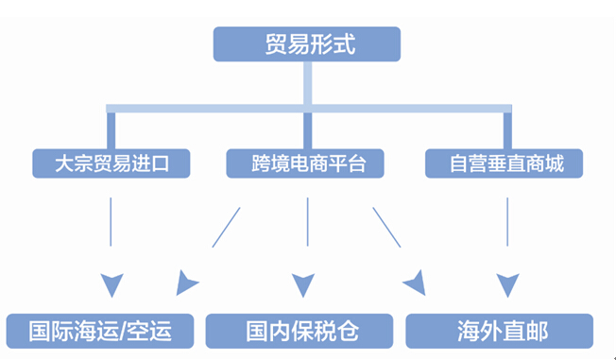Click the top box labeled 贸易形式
click(x=307, y=43)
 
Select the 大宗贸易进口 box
click(x=111, y=163)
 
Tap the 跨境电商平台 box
click(x=308, y=163)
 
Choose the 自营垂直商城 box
click(x=507, y=163)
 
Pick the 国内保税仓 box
click(x=299, y=331)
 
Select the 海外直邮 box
click(x=500, y=331)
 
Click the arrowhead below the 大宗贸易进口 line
click(x=111, y=283)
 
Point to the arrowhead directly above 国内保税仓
click(x=303, y=283)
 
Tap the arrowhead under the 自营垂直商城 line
click(x=508, y=283)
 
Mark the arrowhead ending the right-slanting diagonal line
click(x=415, y=282)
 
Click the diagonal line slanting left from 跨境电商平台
click(x=226, y=228)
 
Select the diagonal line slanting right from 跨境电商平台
click(x=386, y=228)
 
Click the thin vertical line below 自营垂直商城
click(x=508, y=222)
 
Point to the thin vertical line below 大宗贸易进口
click(x=111, y=222)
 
